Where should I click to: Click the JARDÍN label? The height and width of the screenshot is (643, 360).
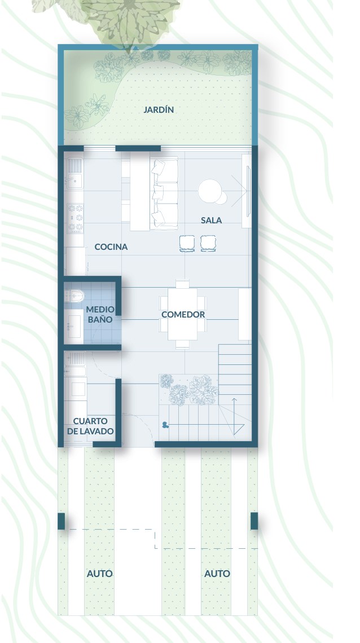tap(159, 109)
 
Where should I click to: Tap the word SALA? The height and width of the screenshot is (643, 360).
tap(211, 220)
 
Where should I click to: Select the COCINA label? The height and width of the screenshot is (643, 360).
tap(111, 247)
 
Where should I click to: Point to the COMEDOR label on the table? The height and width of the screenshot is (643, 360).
tap(183, 315)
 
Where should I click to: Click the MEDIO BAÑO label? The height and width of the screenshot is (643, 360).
tap(100, 314)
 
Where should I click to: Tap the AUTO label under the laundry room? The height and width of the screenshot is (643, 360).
tap(100, 574)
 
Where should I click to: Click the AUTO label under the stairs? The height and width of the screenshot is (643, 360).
tap(217, 574)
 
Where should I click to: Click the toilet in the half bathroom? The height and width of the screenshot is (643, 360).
tap(74, 295)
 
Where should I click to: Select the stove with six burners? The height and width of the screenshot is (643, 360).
tap(76, 218)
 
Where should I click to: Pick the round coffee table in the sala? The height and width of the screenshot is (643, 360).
tap(210, 191)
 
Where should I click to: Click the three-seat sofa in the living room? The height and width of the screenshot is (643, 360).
tap(164, 193)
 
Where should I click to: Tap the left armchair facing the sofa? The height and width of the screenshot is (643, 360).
tap(187, 244)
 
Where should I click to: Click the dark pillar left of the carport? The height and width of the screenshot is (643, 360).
tap(61, 521)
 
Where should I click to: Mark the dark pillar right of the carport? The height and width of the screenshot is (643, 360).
tap(254, 521)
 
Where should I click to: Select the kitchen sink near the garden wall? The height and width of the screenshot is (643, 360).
tap(75, 172)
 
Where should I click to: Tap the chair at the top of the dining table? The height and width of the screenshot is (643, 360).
tap(182, 284)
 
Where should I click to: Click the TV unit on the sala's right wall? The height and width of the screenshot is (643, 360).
tap(246, 191)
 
